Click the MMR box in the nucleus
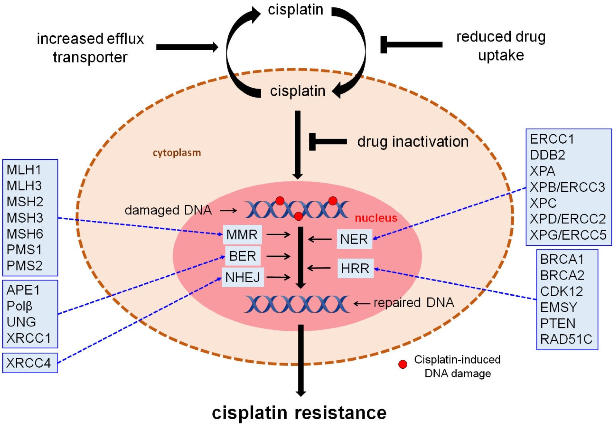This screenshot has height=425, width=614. pos(242,235)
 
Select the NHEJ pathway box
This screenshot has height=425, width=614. pos(243,277)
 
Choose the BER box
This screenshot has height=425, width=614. pos(243,256)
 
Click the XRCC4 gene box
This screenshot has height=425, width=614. pos(29,363)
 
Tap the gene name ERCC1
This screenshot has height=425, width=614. pos(552,139)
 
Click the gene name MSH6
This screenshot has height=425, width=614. pos(24,233)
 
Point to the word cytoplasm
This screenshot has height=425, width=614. pos(177,153)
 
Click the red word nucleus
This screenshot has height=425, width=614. pos(376,218)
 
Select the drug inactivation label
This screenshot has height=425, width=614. pos(413,141)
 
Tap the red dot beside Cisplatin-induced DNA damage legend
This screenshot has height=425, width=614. pos(403,364)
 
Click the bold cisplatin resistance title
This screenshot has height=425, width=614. pos(299,412)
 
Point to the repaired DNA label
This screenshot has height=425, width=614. pos(414,303)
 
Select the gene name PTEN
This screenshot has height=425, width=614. pos(558,323)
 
